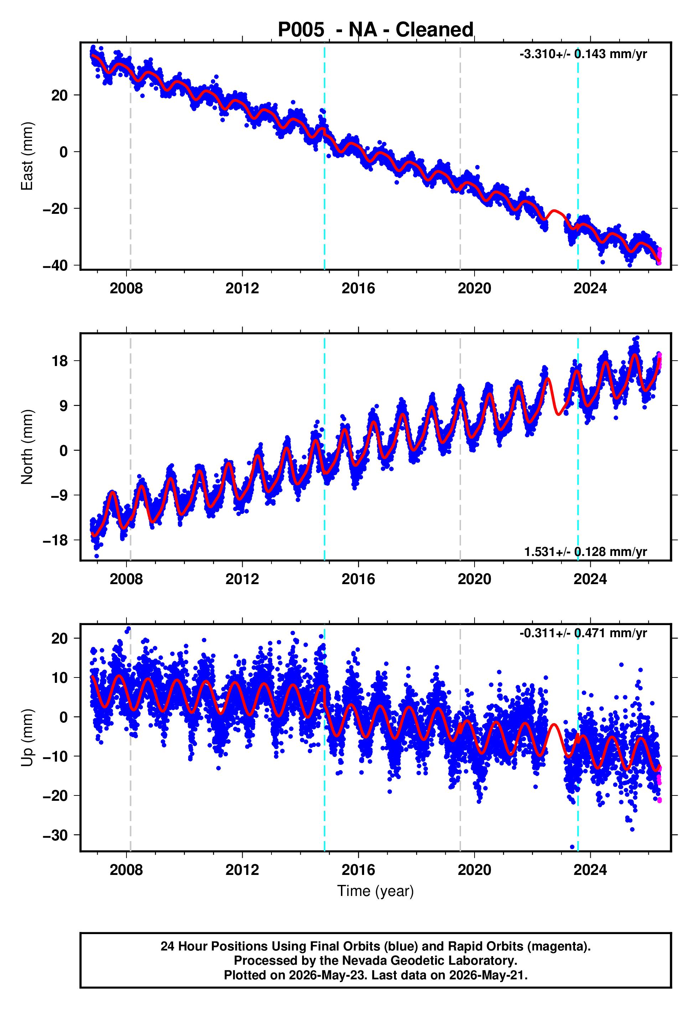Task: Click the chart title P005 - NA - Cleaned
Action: click(x=376, y=30)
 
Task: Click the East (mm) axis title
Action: click(x=27, y=156)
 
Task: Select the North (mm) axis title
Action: click(x=27, y=447)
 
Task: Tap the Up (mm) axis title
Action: click(x=27, y=738)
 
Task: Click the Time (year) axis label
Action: click(x=376, y=891)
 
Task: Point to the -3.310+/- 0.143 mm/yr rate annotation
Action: click(x=583, y=54)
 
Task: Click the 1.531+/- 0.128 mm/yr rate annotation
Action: click(x=586, y=551)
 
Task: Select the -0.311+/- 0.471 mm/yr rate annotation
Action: click(x=583, y=633)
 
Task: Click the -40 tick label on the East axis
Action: click(x=55, y=266)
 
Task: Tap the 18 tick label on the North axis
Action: click(x=59, y=361)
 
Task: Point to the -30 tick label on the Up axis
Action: click(x=55, y=835)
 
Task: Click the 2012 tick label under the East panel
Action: click(x=242, y=288)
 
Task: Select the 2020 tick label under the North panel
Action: click(x=474, y=579)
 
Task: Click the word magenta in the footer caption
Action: click(x=556, y=947)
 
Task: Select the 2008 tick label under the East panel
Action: click(x=126, y=288)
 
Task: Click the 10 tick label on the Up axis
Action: click(x=59, y=677)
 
